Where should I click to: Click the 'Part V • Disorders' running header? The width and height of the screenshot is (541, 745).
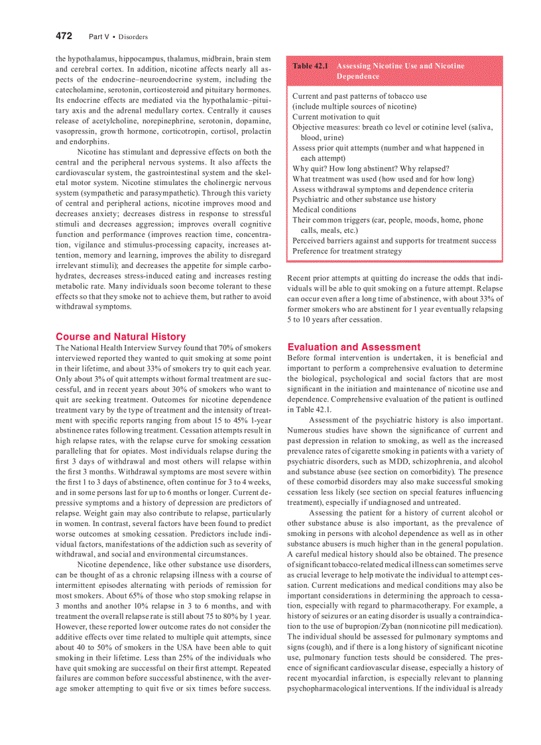pyautogui.click(x=117, y=36)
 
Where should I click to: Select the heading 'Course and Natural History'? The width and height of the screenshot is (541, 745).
pyautogui.click(x=121, y=336)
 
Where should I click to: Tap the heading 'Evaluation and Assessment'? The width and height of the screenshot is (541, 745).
pyautogui.click(x=353, y=347)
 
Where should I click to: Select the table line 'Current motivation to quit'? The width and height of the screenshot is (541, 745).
pyautogui.click(x=336, y=117)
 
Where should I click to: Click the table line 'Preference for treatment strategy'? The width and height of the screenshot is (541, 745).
pyautogui.click(x=347, y=251)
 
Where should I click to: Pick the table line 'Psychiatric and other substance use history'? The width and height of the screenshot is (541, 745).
pyautogui.click(x=364, y=199)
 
